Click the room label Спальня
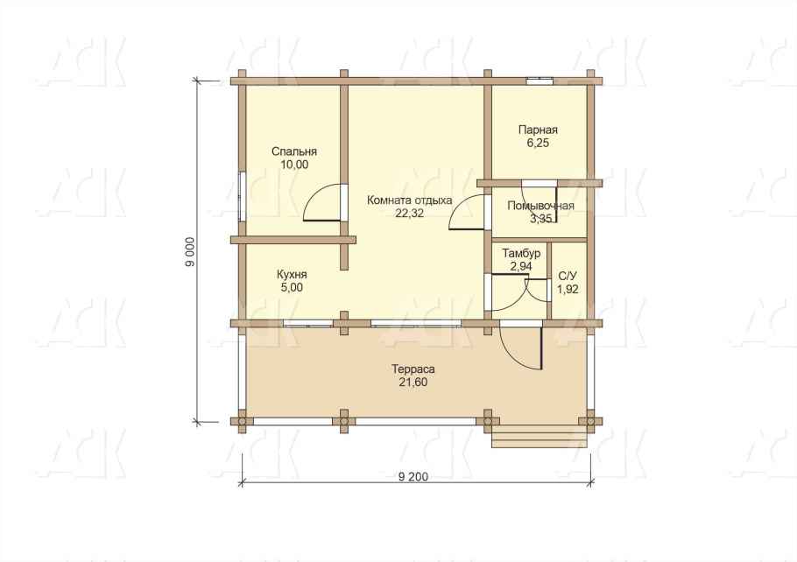pyautogui.click(x=293, y=151)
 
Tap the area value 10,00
pyautogui.click(x=294, y=165)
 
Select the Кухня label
pyautogui.click(x=292, y=274)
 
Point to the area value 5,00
pyautogui.click(x=292, y=287)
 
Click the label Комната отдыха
pyautogui.click(x=409, y=200)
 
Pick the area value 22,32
pyautogui.click(x=409, y=214)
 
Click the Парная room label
pyautogui.click(x=538, y=130)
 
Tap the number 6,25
pyautogui.click(x=538, y=143)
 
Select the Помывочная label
pyautogui.click(x=541, y=206)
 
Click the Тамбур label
pyautogui.click(x=521, y=253)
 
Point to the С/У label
pyautogui.click(x=568, y=276)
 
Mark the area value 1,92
pyautogui.click(x=568, y=289)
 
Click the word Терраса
pyautogui.click(x=413, y=369)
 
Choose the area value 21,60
pyautogui.click(x=413, y=383)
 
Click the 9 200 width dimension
pyautogui.click(x=413, y=476)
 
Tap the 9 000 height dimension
pyautogui.click(x=190, y=252)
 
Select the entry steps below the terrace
pyautogui.click(x=540, y=437)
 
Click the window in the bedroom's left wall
pyautogui.click(x=243, y=196)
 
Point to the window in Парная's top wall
pyautogui.click(x=540, y=80)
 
